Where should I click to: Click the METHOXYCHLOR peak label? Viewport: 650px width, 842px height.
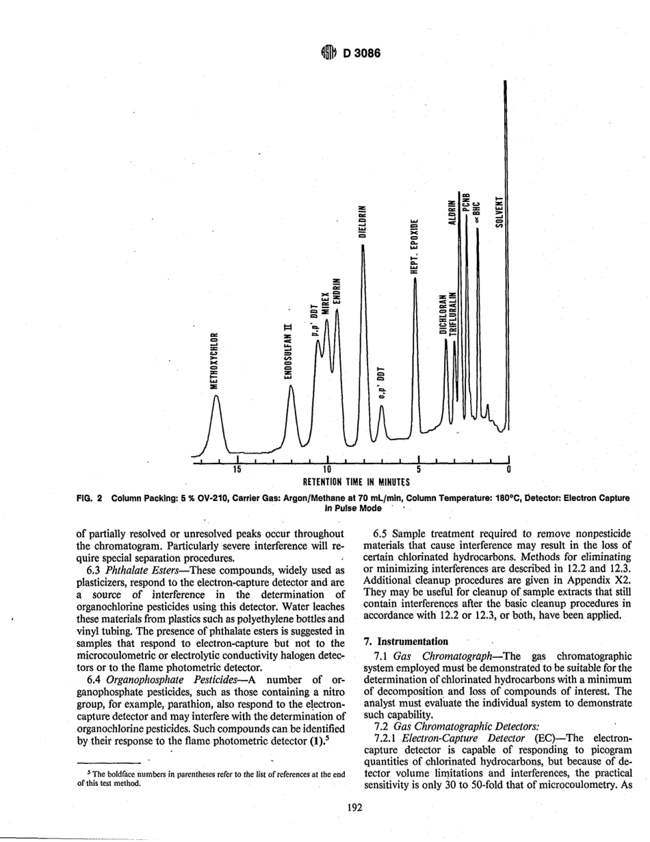[214, 360]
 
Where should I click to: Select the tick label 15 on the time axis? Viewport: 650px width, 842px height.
[236, 470]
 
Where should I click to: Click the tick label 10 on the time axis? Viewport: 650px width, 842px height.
[327, 470]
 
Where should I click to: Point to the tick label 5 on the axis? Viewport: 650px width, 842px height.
[418, 470]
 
